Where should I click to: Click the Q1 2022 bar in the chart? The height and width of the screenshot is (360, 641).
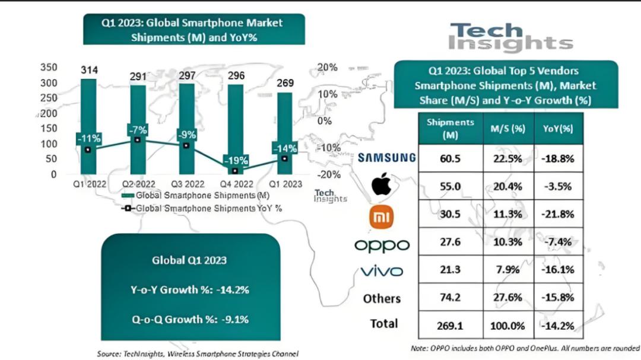88,107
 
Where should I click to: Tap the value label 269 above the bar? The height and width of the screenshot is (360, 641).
285,83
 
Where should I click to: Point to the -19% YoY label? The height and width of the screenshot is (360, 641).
235,160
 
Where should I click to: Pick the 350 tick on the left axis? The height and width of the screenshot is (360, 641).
49,68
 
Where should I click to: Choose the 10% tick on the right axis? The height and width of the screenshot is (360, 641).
328,94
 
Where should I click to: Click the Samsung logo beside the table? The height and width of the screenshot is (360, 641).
386,157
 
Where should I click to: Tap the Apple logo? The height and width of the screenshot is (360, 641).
382,186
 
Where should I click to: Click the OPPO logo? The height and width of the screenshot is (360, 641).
382,245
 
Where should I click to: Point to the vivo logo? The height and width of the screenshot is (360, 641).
382,272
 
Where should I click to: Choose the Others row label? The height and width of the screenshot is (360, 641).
382,298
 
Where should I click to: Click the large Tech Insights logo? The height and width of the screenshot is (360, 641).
510,37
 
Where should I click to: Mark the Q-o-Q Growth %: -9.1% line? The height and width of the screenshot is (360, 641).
190,319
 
